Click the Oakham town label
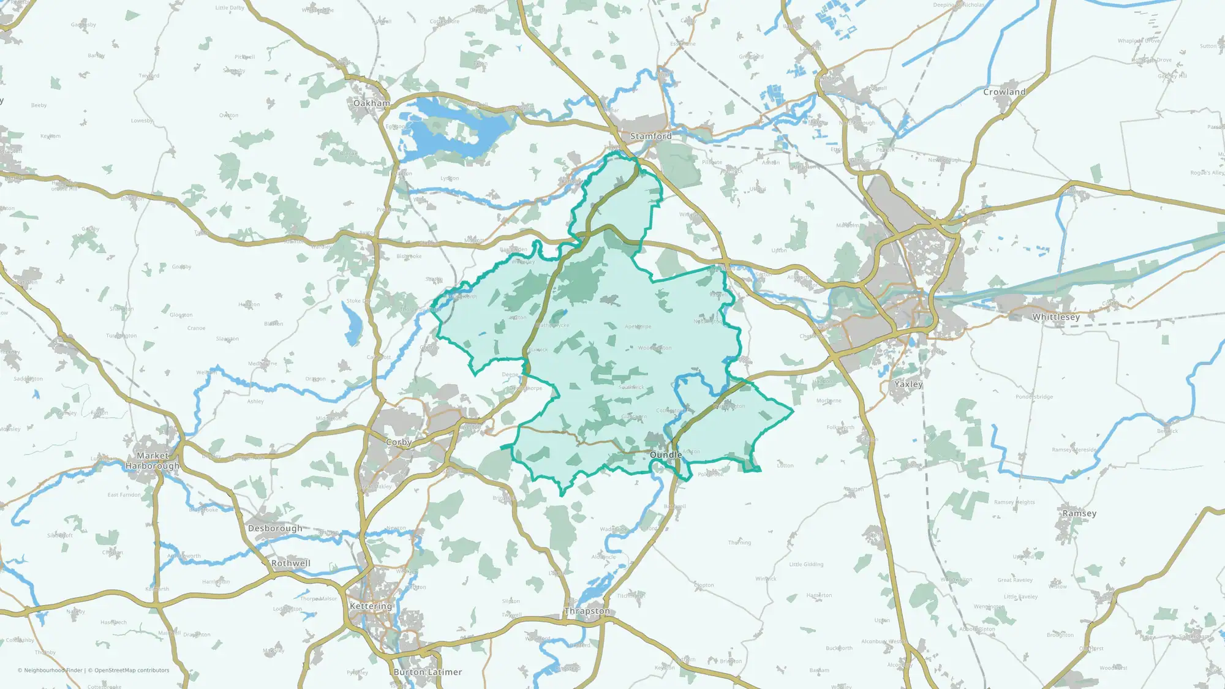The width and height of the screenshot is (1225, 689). (x=371, y=104)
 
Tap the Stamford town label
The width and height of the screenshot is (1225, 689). (x=650, y=136)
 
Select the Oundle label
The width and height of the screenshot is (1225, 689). (x=666, y=455)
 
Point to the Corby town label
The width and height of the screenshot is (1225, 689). (x=399, y=442)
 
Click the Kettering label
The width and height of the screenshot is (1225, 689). (x=371, y=606)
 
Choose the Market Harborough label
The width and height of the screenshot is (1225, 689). (x=153, y=461)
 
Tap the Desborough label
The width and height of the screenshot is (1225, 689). (x=275, y=529)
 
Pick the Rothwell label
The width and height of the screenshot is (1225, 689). (x=291, y=563)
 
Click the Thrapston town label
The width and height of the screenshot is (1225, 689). (x=587, y=611)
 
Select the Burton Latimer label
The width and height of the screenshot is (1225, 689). (x=428, y=672)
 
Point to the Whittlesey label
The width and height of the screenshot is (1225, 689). (x=1056, y=317)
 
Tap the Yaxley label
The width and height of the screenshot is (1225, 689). (x=908, y=385)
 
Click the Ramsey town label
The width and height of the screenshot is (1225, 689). (x=1079, y=514)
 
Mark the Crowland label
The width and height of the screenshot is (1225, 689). (x=1004, y=92)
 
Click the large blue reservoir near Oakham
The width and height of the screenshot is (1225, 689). (x=441, y=132)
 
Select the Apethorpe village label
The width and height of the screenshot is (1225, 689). (x=638, y=327)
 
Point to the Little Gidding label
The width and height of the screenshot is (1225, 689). (x=806, y=565)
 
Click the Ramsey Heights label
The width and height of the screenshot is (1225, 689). (x=1014, y=503)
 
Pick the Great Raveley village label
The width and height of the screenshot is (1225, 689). (x=1015, y=580)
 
